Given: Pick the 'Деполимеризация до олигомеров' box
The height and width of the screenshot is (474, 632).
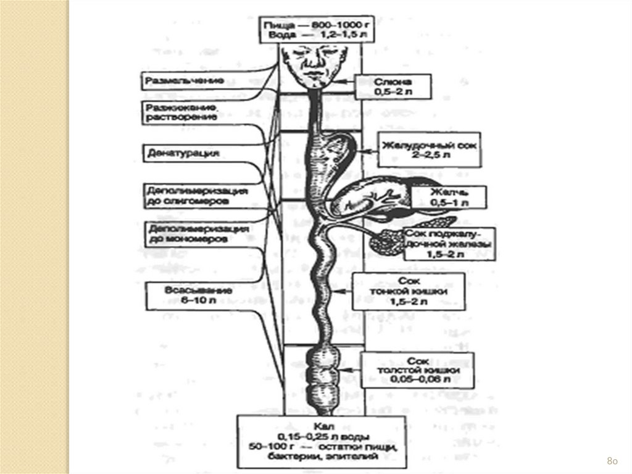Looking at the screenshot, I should (x=196, y=195).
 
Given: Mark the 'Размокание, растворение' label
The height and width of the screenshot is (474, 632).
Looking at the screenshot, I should (x=181, y=112).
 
